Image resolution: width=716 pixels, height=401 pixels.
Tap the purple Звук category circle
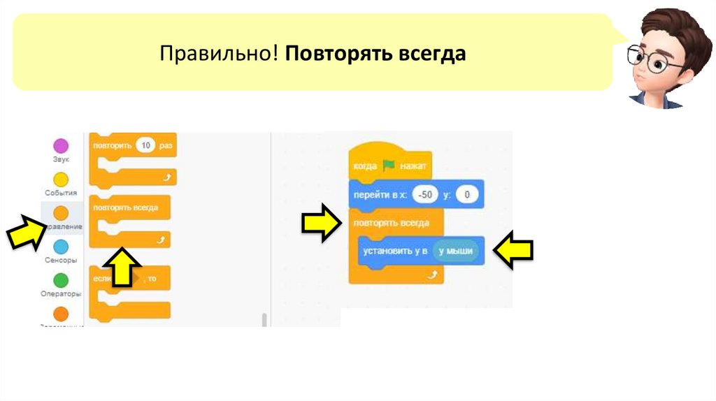tap(62, 146)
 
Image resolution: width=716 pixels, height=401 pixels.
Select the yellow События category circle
tap(62, 179)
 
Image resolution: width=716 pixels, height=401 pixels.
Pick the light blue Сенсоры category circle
tap(62, 246)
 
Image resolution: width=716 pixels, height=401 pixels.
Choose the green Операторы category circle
tap(62, 280)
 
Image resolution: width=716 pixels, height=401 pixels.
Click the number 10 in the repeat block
tap(145, 146)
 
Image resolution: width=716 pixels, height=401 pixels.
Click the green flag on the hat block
tap(389, 166)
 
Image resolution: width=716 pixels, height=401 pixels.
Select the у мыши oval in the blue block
tap(456, 251)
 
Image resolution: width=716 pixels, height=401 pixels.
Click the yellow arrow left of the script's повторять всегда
tap(322, 224)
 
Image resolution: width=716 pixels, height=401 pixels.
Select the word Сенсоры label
tap(61, 260)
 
